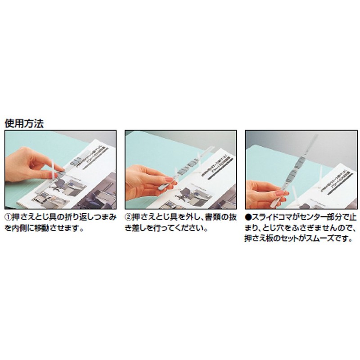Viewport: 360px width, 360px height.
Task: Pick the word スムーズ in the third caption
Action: pyautogui.click(x=325, y=239)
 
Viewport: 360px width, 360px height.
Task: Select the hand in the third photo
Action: pyautogui.click(x=261, y=191)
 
